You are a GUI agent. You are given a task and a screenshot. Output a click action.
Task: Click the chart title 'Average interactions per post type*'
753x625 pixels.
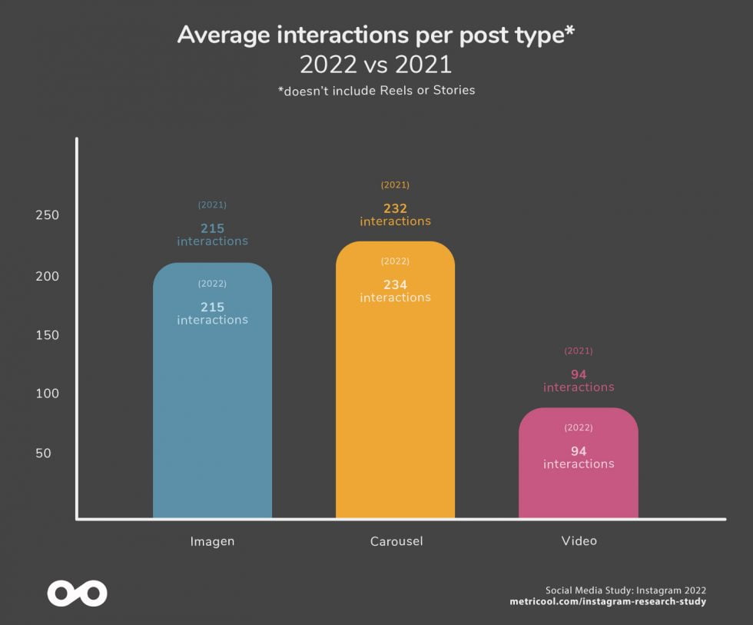[376, 35]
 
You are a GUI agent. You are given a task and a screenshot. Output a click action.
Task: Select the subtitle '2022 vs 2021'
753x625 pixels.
[376, 64]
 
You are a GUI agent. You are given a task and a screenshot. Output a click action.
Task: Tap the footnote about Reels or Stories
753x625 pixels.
[376, 91]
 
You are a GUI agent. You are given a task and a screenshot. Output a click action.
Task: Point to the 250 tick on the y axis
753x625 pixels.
[48, 215]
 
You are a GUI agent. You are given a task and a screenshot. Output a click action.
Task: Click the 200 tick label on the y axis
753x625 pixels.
[48, 276]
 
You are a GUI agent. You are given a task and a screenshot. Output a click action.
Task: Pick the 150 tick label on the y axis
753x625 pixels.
[48, 335]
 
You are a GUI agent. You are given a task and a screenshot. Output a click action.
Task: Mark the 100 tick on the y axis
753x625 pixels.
[48, 394]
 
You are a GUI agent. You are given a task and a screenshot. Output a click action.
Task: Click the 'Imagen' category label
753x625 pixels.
[212, 541]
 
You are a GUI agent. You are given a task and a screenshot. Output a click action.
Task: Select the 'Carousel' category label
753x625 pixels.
[395, 541]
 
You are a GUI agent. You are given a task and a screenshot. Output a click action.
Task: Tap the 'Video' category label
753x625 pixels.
[579, 541]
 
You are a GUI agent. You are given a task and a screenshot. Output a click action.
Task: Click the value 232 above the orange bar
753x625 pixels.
[395, 208]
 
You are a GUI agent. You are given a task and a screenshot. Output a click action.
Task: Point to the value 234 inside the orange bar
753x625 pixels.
[395, 285]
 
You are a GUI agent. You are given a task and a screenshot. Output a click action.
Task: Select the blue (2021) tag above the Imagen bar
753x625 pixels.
[212, 205]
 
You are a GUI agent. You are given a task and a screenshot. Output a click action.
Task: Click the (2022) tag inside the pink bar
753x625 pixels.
[579, 427]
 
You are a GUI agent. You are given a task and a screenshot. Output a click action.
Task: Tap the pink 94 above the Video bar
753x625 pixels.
[579, 374]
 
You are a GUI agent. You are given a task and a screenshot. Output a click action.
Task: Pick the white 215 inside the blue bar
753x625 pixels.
[212, 307]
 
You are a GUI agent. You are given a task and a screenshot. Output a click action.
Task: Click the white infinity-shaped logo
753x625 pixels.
[77, 593]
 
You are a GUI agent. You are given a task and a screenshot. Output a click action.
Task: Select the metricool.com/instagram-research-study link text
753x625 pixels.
[608, 601]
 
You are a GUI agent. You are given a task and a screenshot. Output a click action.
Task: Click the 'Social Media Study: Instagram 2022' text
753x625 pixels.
[625, 590]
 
